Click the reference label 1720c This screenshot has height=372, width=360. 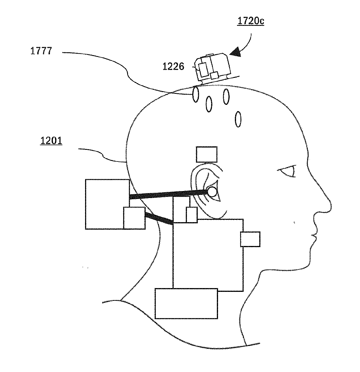(x=251, y=21)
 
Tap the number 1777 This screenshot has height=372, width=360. (x=41, y=51)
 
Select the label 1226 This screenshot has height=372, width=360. (x=173, y=67)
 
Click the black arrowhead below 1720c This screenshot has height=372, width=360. (x=236, y=53)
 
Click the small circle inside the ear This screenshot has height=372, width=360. (x=212, y=191)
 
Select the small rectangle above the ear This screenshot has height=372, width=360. (x=206, y=154)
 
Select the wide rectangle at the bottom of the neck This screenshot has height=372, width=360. (x=186, y=303)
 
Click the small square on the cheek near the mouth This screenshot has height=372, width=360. (x=250, y=239)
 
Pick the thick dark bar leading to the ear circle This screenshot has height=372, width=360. (x=168, y=194)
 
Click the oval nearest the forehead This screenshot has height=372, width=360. (x=238, y=119)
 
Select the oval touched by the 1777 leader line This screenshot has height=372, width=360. (x=196, y=94)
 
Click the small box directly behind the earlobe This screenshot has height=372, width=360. (x=192, y=215)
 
